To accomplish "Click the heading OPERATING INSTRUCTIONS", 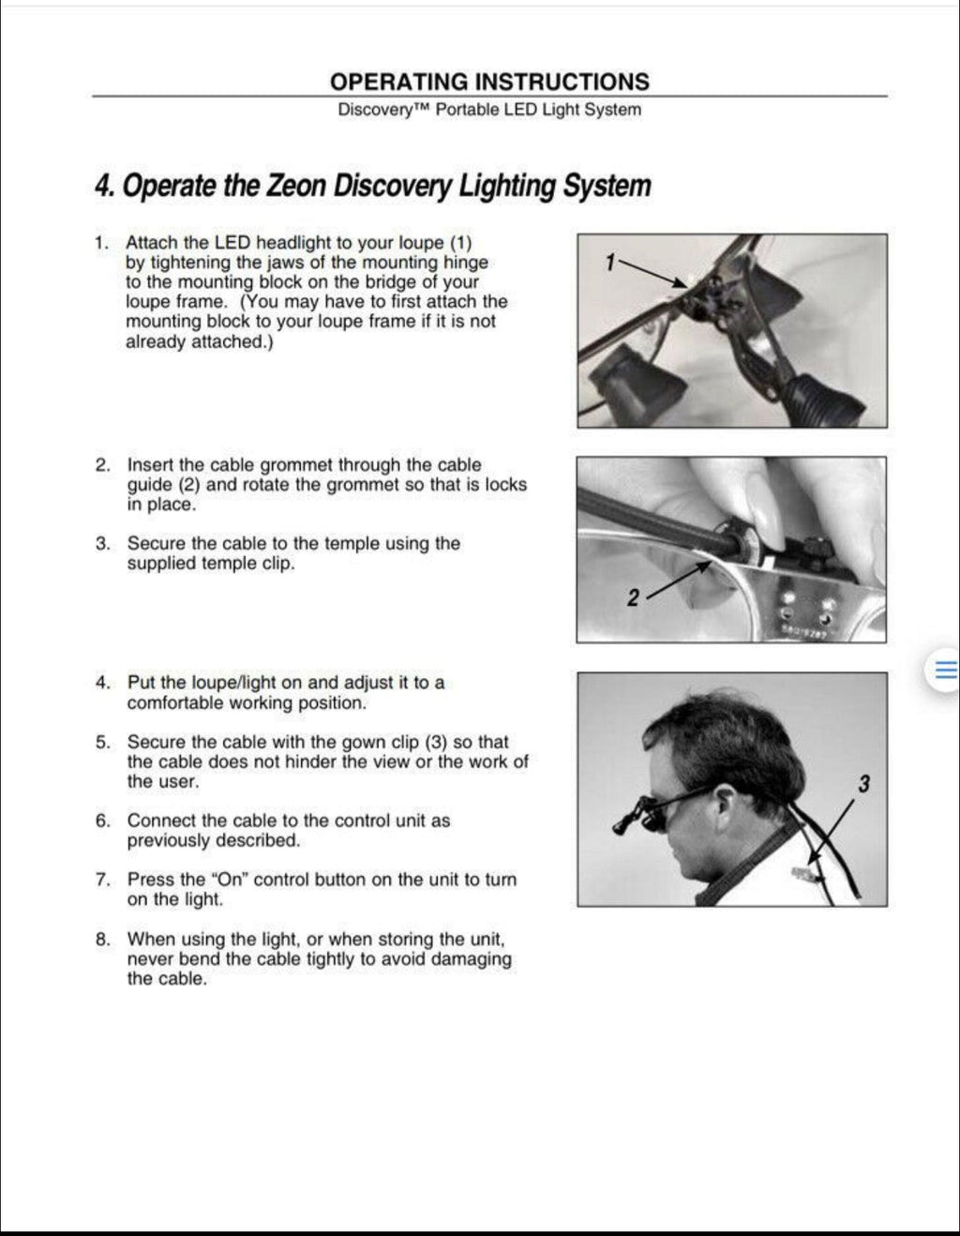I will [488, 82].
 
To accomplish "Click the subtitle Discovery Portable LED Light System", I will [488, 110].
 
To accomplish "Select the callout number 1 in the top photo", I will [610, 263].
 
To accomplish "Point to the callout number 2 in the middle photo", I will [633, 597].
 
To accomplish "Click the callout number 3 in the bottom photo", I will [863, 784].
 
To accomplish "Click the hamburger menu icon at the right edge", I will [945, 670].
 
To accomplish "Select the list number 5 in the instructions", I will [102, 742].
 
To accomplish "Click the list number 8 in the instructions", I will [102, 939].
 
